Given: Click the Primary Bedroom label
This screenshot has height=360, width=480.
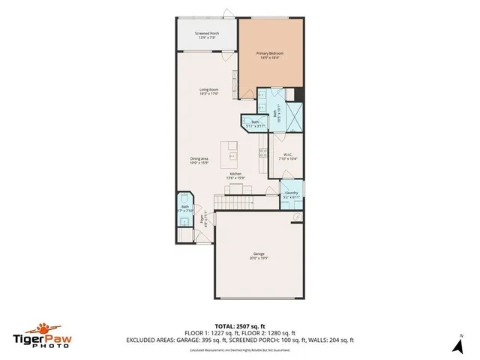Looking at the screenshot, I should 272,56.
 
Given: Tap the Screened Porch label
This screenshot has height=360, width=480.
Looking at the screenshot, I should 207,34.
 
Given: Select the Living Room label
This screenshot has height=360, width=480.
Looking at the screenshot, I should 209,91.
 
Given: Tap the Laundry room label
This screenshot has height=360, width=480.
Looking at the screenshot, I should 292,194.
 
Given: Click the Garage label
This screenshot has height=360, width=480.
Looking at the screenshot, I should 259,256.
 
